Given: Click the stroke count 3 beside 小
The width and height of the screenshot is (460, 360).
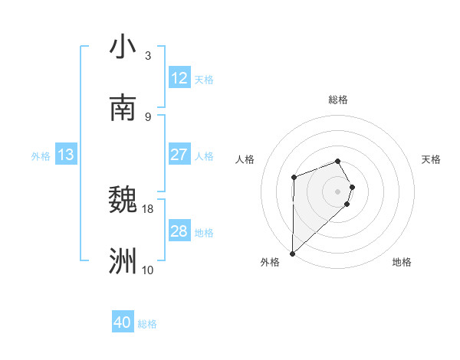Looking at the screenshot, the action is [147, 56].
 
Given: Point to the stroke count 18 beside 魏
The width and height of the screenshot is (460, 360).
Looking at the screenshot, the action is [148, 208].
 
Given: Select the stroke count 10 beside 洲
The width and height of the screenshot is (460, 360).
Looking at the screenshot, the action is [148, 270].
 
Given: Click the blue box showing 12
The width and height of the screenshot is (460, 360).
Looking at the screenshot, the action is [179, 78].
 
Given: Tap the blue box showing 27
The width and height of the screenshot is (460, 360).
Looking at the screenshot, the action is [179, 155].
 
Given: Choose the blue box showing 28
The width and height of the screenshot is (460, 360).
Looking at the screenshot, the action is [179, 231].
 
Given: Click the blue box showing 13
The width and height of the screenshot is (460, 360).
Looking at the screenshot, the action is [66, 155].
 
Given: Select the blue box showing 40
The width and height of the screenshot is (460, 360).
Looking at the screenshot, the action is [123, 322].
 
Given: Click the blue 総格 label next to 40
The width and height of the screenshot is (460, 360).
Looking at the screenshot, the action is [147, 324].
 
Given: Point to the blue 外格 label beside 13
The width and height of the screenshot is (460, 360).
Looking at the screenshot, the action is [41, 156].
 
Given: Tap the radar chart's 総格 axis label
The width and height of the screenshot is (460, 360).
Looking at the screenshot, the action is [338, 100].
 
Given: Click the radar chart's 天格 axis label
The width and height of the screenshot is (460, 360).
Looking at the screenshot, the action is [432, 159].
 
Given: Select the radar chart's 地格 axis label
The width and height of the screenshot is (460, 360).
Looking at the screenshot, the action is [402, 262].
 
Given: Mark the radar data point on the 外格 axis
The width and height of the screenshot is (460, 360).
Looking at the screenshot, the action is [292, 253].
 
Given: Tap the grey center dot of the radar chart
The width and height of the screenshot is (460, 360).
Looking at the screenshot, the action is [338, 190].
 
